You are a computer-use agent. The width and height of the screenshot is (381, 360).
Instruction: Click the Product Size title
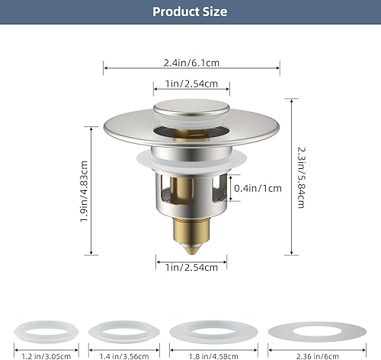tap(190, 11)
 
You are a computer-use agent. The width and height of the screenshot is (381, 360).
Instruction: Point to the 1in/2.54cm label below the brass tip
tap(191, 266)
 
